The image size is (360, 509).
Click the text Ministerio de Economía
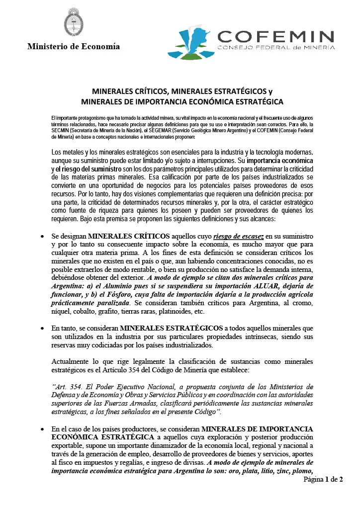coord(74,47)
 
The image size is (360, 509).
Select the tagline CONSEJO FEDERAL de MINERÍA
coord(276,47)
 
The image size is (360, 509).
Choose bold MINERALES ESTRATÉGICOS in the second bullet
coord(172,329)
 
